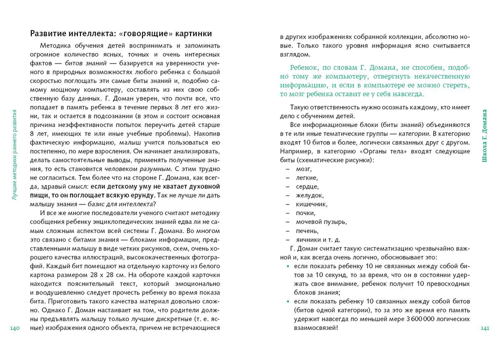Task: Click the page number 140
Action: pos(14,328)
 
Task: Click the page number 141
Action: pos(484,328)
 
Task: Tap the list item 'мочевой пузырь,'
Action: pos(321,222)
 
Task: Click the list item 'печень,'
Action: pos(307,230)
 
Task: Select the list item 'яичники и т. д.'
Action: pos(318,239)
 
